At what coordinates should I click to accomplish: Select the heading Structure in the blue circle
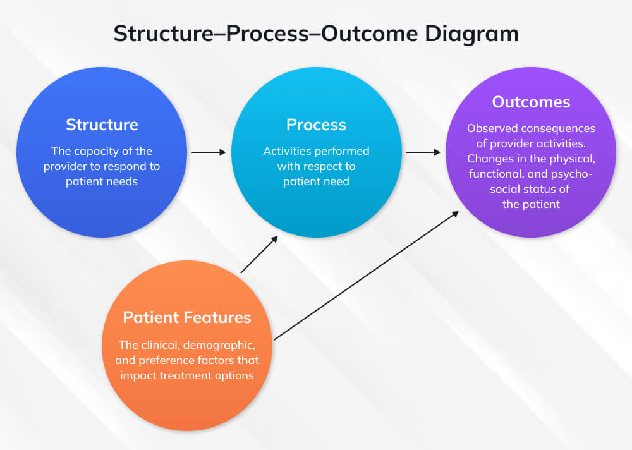click(x=102, y=124)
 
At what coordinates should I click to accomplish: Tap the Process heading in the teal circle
click(x=316, y=125)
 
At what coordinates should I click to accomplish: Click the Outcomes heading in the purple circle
click(x=531, y=102)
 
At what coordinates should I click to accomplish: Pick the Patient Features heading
click(x=187, y=317)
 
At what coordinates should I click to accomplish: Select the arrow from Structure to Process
click(x=209, y=152)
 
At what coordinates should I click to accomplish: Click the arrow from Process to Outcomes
click(x=423, y=152)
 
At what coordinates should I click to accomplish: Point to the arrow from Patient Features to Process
click(x=259, y=254)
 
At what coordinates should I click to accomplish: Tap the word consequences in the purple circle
click(x=558, y=128)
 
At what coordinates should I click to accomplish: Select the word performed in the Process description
click(x=344, y=151)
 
